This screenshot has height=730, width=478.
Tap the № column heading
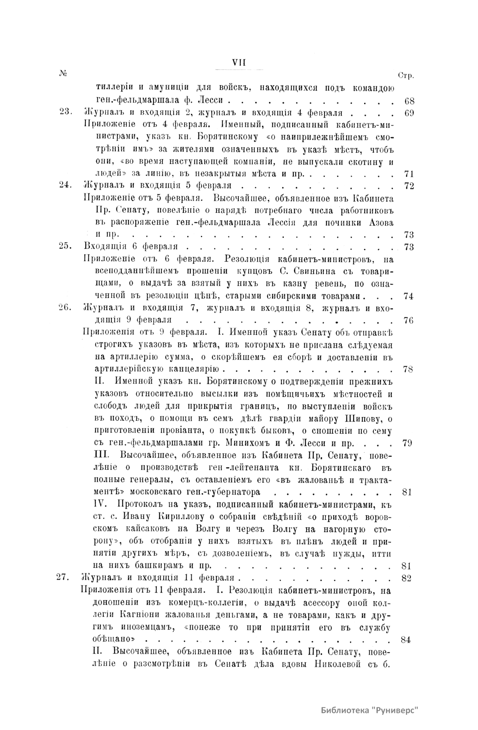pos(62,74)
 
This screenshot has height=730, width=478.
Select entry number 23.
pos(64,112)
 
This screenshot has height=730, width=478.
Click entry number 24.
pos(64,185)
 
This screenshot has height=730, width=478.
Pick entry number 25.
pos(64,247)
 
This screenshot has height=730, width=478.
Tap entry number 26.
pos(64,307)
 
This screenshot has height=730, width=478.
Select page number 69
pos(409,113)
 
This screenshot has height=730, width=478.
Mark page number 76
pos(409,320)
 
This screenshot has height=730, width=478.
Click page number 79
pos(407,443)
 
